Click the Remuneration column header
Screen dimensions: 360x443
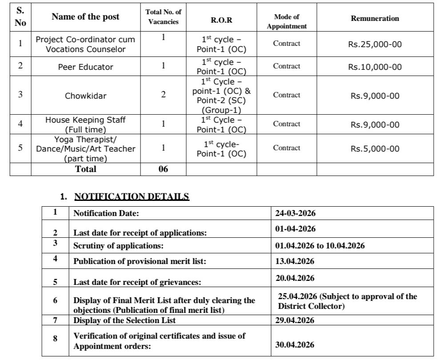[375, 19]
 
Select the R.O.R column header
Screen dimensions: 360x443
[221, 20]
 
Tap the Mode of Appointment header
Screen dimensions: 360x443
[287, 21]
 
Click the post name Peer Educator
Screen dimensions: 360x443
[85, 67]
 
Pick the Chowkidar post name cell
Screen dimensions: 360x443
[85, 96]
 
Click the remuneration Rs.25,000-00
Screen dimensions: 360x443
[375, 44]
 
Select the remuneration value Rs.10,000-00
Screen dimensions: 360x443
[375, 67]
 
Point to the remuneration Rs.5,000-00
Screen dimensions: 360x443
[375, 149]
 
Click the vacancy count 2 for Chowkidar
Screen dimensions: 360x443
[163, 95]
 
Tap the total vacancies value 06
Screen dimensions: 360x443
[163, 169]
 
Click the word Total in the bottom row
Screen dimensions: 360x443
[85, 169]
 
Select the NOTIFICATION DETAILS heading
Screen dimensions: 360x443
[132, 196]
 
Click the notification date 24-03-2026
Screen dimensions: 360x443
[295, 213]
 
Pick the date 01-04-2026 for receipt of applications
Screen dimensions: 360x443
[295, 229]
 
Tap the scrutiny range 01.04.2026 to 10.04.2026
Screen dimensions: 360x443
[319, 245]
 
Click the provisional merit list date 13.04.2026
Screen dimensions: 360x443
[295, 261]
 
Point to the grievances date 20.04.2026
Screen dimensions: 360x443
[295, 278]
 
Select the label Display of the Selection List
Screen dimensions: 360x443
[124, 320]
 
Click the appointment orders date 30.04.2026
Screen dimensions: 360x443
[295, 345]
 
